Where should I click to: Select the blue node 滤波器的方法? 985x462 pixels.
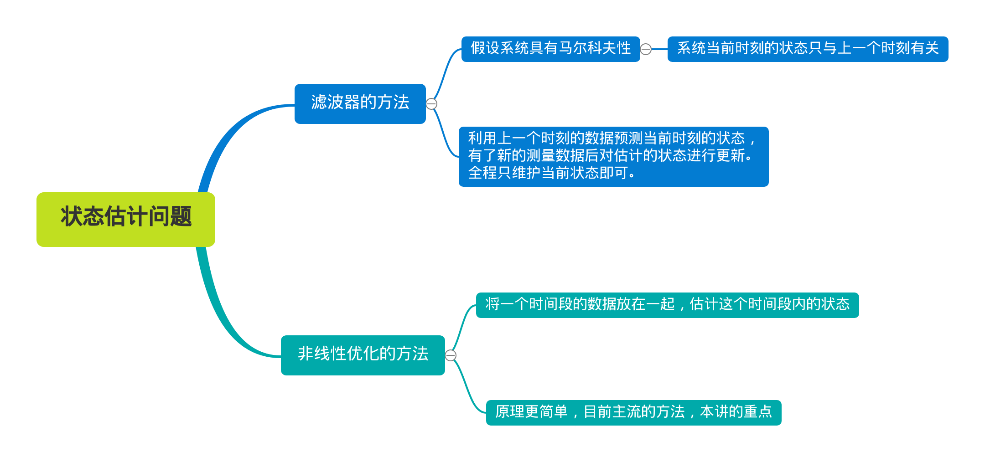[x=360, y=103]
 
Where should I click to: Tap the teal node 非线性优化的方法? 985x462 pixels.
[x=363, y=355]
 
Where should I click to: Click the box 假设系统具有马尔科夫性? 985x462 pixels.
[x=550, y=49]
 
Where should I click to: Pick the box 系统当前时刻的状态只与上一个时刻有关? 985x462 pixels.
[x=808, y=49]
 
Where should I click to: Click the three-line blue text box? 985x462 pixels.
[x=613, y=156]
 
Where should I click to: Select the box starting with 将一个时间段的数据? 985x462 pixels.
[x=667, y=305]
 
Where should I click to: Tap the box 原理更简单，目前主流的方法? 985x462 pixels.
[x=633, y=412]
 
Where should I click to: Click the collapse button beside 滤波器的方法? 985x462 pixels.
[x=431, y=104]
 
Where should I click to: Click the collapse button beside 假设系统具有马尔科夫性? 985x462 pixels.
[x=646, y=49]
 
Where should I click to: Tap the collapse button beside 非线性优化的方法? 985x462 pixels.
[x=451, y=355]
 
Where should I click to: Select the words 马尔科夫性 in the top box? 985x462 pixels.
[x=595, y=48]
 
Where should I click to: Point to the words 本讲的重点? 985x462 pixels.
[x=736, y=412]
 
